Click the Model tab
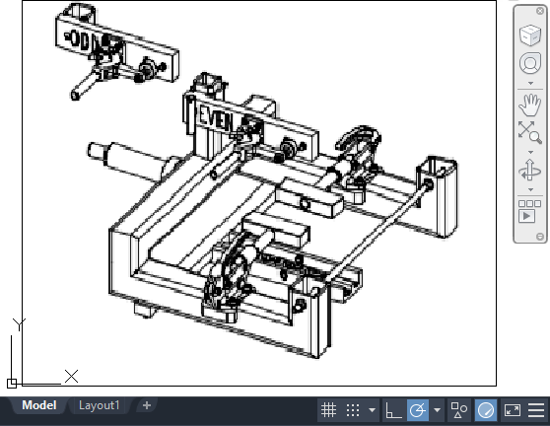click(38, 405)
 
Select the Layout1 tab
click(99, 405)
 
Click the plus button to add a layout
click(146, 405)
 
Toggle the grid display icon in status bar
click(329, 410)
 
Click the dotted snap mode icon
click(353, 410)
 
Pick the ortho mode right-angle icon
click(392, 410)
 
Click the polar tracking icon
click(417, 410)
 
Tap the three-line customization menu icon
click(536, 410)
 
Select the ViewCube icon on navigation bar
click(530, 35)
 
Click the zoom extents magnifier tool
click(530, 132)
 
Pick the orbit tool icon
click(530, 171)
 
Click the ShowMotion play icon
click(530, 212)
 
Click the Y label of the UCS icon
click(18, 322)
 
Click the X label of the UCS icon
click(71, 376)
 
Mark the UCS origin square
click(12, 383)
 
